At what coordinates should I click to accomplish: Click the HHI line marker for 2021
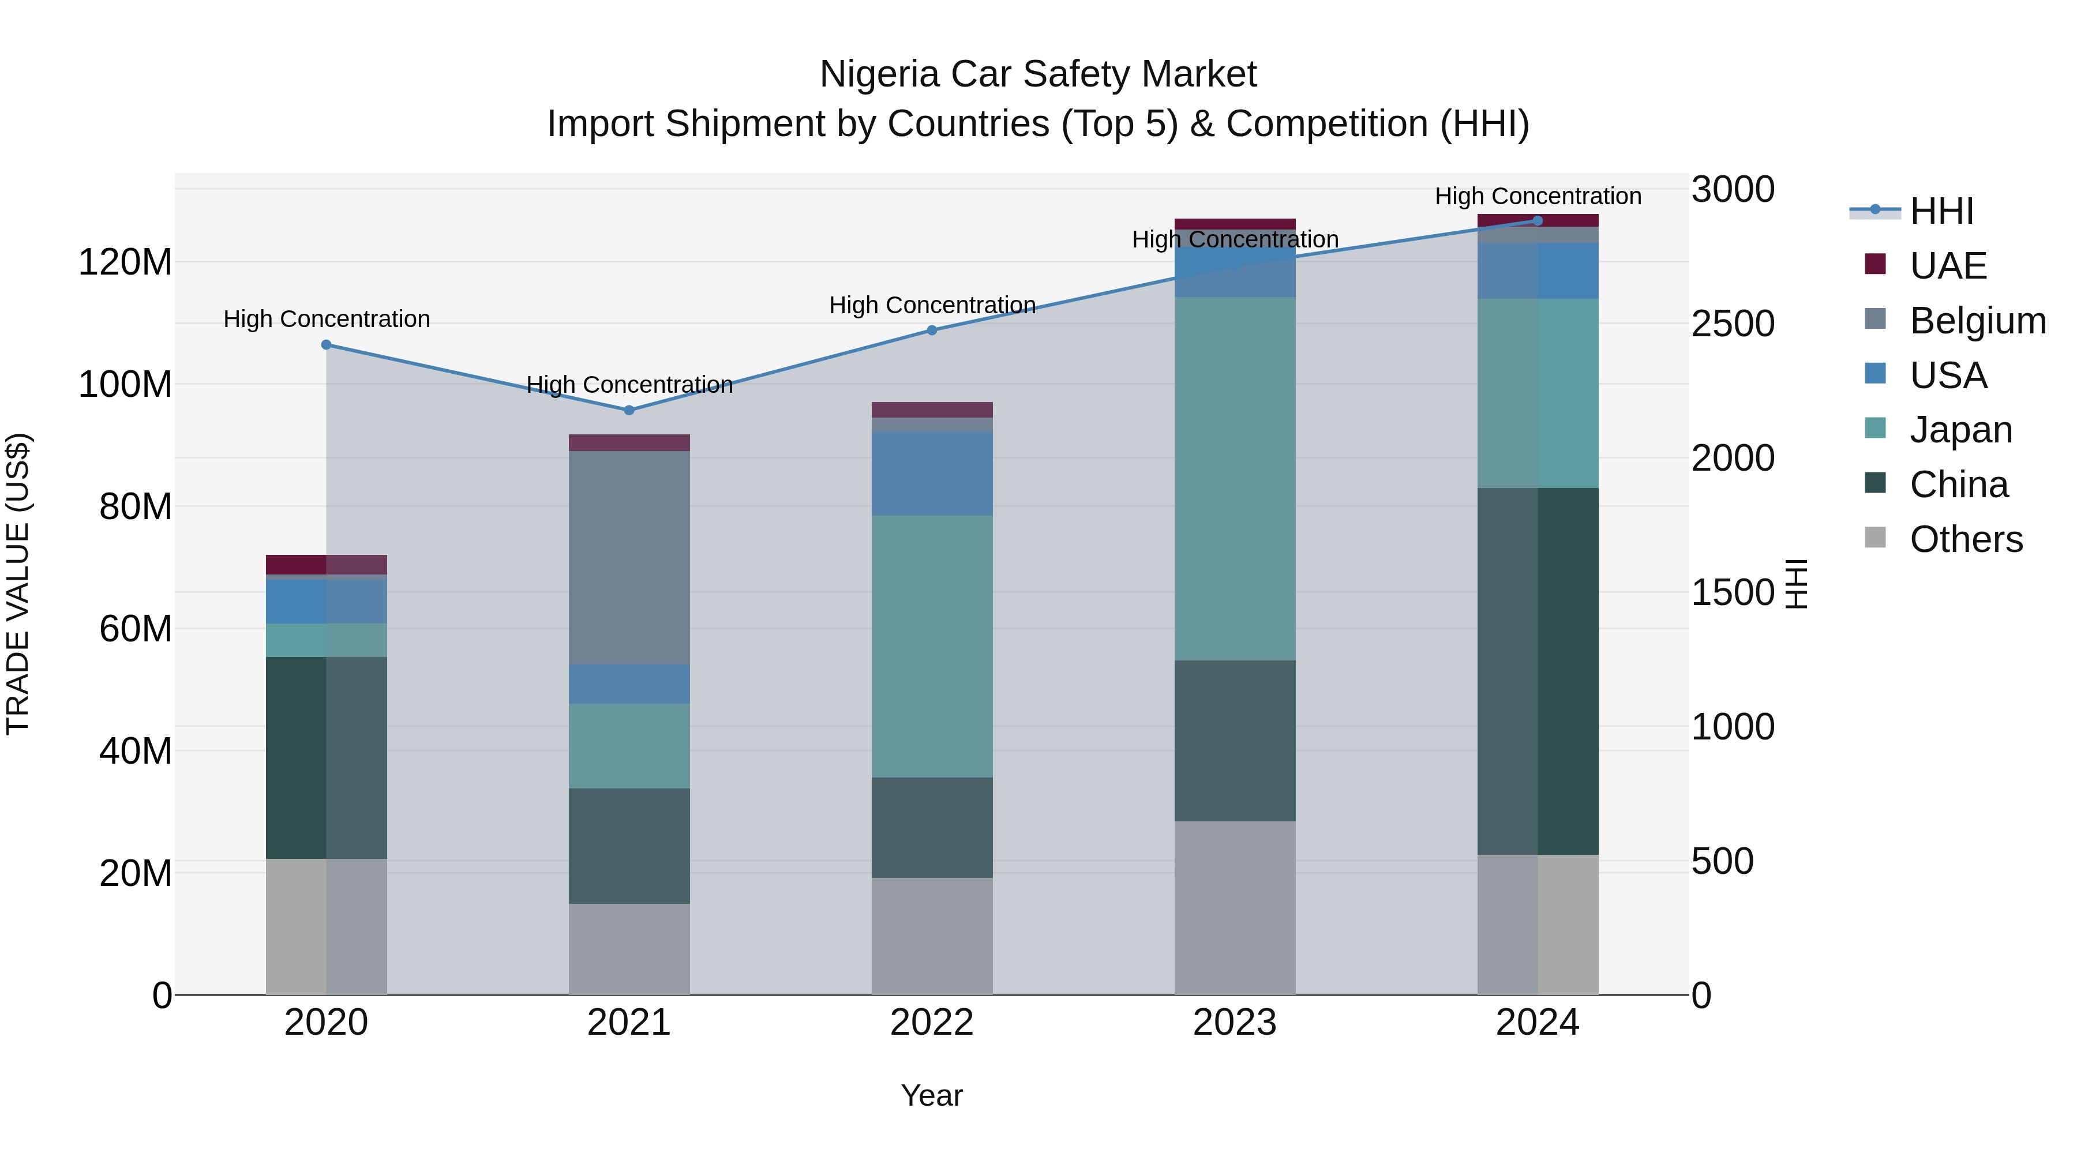click(x=629, y=410)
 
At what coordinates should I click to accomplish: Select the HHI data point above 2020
click(x=327, y=345)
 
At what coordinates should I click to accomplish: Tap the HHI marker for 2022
click(x=932, y=330)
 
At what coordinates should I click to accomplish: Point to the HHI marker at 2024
click(x=1538, y=221)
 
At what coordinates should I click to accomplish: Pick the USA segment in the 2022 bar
click(x=932, y=473)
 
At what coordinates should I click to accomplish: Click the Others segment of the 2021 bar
click(x=629, y=949)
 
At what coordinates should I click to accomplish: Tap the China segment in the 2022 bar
click(x=932, y=827)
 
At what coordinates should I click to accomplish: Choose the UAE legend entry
click(x=1947, y=266)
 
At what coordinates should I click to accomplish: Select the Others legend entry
click(x=1965, y=539)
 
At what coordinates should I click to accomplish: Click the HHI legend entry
click(x=1941, y=211)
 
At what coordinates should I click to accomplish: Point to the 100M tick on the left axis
click(x=125, y=385)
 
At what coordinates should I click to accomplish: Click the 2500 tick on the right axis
click(x=1733, y=324)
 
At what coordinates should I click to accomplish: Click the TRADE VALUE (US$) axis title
click(x=18, y=584)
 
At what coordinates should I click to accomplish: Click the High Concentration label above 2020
click(x=327, y=319)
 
